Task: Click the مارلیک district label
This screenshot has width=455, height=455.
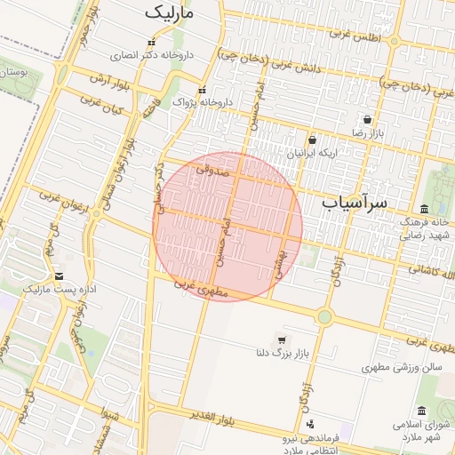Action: tap(172, 13)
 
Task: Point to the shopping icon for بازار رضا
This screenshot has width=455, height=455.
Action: tap(368, 119)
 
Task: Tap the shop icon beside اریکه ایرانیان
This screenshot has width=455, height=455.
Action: tap(312, 140)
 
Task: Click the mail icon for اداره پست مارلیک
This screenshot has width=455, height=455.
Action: tap(59, 276)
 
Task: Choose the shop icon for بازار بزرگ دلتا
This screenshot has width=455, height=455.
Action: tap(282, 340)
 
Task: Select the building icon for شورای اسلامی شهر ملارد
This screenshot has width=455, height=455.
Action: tap(420, 411)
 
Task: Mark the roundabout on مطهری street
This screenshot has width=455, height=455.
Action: tap(324, 316)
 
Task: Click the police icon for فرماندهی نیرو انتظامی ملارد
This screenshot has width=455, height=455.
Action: tap(309, 424)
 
